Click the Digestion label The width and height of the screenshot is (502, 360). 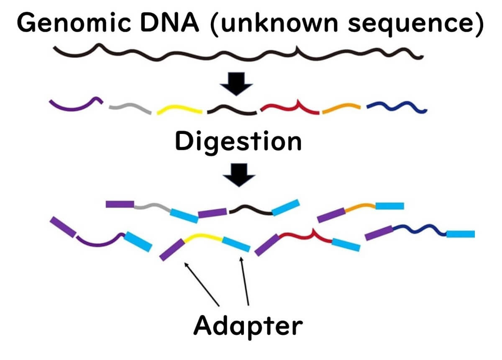coord(238,141)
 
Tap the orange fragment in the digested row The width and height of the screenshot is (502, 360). coord(341,109)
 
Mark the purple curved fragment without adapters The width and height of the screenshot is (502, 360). coord(75,105)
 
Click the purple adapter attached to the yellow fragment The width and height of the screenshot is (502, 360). coord(172,250)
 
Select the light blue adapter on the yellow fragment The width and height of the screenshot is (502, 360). coord(236,244)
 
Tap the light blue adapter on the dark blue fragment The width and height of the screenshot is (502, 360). coord(460,234)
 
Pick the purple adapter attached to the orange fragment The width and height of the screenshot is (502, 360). coord(331,215)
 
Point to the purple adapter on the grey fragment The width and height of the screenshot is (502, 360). coord(120,204)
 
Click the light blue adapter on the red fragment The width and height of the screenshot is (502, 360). coord(346,245)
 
